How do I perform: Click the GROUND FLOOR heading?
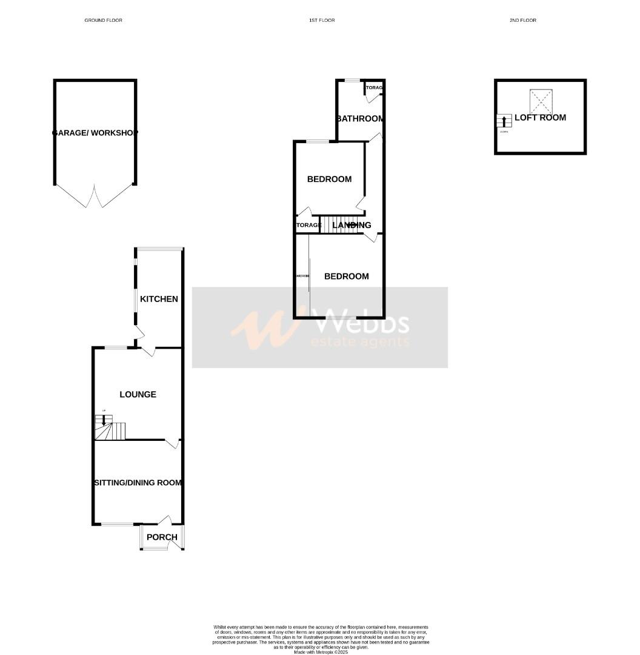[103, 20]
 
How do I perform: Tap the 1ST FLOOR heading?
[321, 20]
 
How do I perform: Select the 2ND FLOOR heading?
[522, 20]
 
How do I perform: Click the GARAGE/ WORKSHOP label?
[95, 133]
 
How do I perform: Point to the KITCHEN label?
[159, 299]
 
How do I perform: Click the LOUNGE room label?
[138, 394]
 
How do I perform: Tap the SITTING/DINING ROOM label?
[138, 483]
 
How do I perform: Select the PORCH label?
[162, 537]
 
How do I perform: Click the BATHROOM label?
[361, 118]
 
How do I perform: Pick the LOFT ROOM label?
[540, 118]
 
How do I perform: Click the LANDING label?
[352, 225]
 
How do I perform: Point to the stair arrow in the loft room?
[502, 121]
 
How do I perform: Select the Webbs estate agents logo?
[320, 327]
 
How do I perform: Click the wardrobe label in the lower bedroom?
[302, 276]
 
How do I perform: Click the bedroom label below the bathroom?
[329, 179]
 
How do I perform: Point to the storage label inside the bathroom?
[373, 89]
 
